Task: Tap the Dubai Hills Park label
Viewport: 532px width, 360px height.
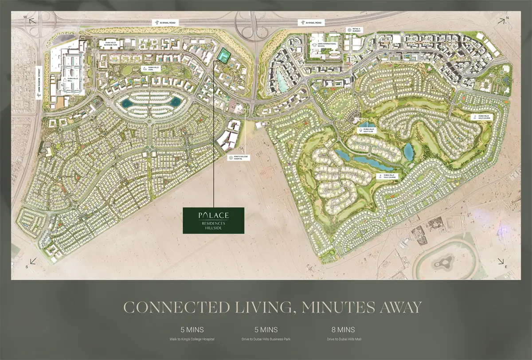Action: click(147, 69)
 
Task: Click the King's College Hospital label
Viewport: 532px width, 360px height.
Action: click(237, 157)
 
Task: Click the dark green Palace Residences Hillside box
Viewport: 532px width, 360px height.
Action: click(214, 220)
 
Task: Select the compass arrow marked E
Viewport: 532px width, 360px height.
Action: click(501, 262)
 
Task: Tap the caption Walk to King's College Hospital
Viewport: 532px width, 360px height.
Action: click(192, 339)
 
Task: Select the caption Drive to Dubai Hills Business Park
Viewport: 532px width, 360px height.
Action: click(266, 339)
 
